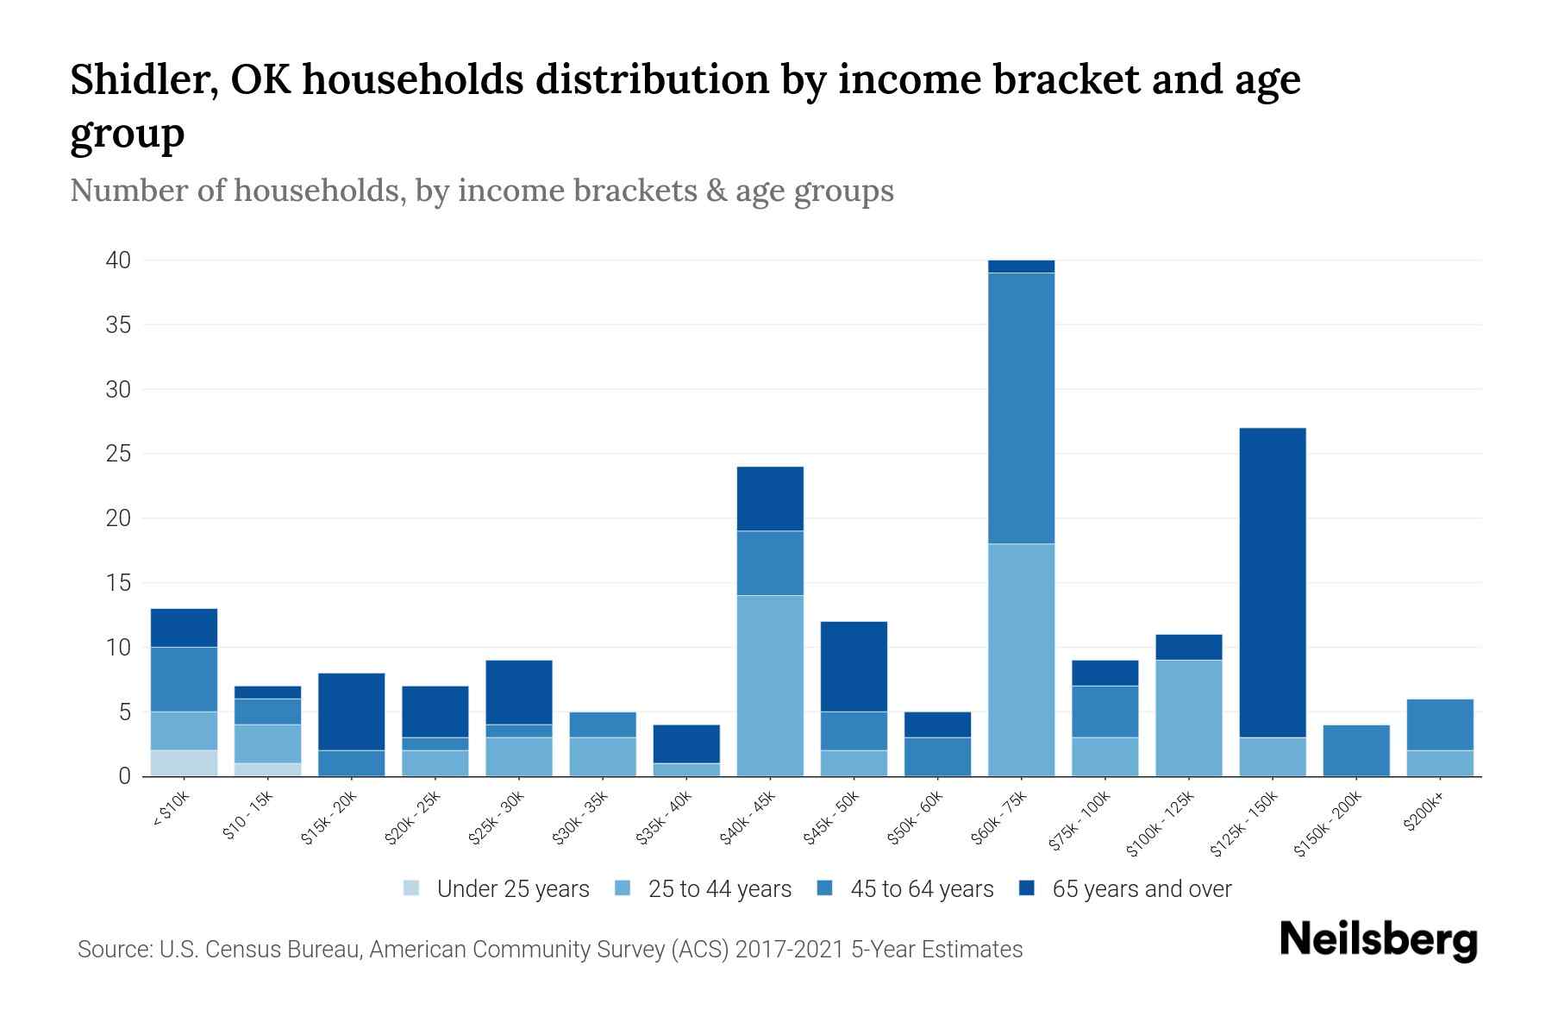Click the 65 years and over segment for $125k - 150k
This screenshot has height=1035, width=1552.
1272,582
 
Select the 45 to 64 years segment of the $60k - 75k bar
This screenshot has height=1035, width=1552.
1021,408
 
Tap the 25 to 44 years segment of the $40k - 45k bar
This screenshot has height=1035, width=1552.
770,686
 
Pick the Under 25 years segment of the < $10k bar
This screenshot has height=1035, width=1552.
184,763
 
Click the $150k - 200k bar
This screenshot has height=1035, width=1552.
1355,750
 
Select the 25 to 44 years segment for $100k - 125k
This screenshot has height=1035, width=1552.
1188,718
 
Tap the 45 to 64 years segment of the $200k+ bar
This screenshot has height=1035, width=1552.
1439,724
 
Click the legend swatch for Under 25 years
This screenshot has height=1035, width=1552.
411,888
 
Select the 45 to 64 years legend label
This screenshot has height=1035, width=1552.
921,888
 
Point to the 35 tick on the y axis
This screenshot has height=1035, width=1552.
118,325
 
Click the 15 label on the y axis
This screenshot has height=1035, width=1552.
118,583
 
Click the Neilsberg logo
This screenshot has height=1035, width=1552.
1378,940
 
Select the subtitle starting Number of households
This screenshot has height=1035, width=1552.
481,190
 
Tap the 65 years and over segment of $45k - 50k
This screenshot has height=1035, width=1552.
854,666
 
